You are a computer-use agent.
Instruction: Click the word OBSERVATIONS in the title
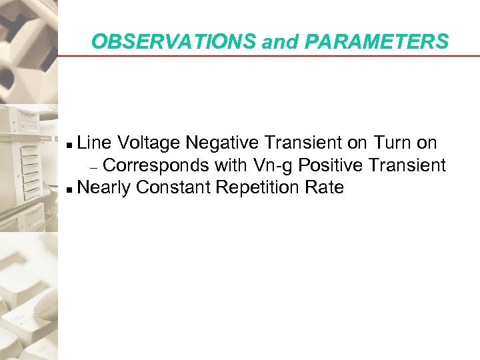click(175, 42)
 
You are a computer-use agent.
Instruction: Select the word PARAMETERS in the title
click(377, 42)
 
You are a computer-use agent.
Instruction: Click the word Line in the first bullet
click(95, 143)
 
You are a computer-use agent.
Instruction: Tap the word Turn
click(394, 143)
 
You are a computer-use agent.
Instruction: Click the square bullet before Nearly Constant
click(71, 189)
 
